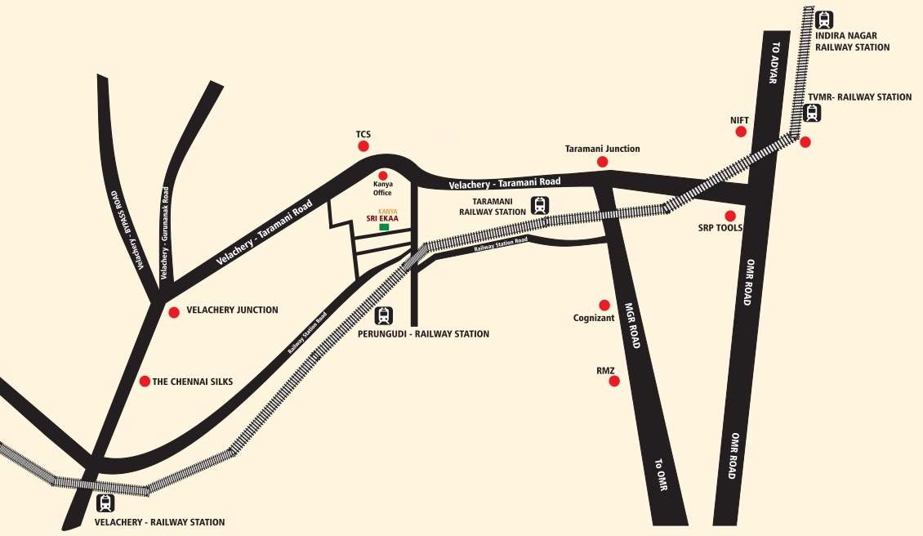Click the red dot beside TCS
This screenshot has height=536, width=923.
pos(363,146)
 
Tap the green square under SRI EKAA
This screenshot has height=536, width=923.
pos(384,226)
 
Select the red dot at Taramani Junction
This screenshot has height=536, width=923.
pos(603,162)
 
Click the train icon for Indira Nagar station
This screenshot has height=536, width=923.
pos(824,20)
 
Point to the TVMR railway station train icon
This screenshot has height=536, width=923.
pos(812,113)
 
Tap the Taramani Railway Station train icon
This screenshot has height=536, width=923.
pos(539,205)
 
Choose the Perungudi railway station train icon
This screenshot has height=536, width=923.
pos(384,315)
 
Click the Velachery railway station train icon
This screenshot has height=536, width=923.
pos(105,503)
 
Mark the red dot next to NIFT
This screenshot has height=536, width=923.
pos(741,132)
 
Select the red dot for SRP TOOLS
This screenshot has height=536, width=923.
pos(730,216)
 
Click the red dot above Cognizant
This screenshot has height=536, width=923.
pos(604,305)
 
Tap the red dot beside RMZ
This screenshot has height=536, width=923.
pos(614,381)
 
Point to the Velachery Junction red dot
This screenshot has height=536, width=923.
pos(173,312)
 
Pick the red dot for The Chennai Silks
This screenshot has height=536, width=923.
pos(145,381)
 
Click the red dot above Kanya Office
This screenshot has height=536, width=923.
pos(382,175)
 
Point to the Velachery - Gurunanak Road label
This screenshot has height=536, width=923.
pos(165,233)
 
